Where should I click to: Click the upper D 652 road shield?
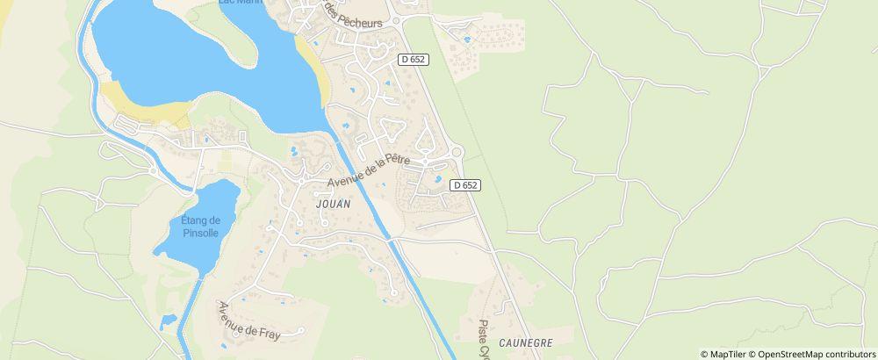413,60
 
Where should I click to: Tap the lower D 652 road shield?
465,185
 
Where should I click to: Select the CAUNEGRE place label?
525,342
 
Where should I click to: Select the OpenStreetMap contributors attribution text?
816,354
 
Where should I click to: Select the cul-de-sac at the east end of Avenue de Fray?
300,330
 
